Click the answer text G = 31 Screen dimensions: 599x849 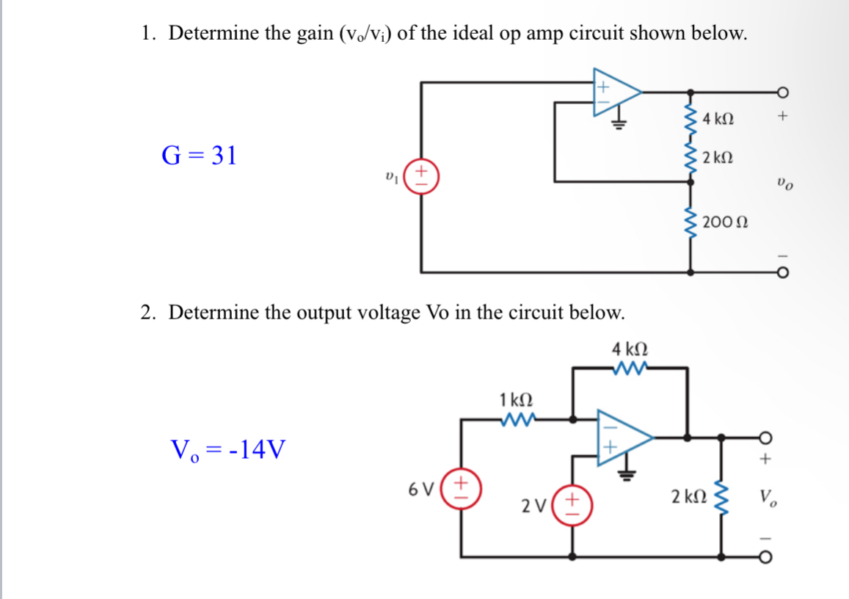(x=199, y=156)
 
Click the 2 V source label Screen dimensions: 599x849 (x=533, y=506)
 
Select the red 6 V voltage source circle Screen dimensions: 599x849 (x=461, y=487)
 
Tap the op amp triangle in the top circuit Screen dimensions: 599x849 (x=615, y=92)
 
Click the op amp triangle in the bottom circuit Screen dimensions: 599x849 (x=622, y=438)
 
